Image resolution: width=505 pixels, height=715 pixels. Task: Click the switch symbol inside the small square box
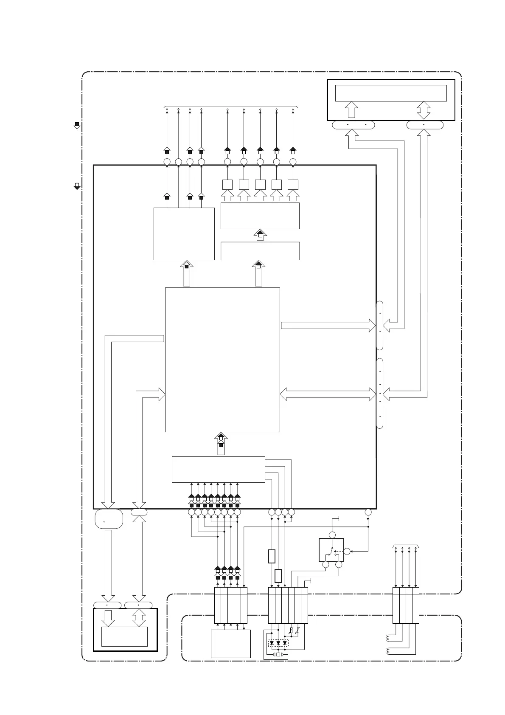tap(331, 551)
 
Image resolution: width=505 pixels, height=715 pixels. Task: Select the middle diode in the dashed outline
tap(278, 643)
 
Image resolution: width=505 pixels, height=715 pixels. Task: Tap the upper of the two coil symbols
tap(389, 638)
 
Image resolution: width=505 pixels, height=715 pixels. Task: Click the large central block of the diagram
tap(222, 360)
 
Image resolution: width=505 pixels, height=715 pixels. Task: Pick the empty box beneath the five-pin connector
tap(230, 644)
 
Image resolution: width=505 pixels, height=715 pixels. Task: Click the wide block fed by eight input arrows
tap(218, 470)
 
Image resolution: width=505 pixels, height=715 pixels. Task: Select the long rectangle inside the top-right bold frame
tap(390, 93)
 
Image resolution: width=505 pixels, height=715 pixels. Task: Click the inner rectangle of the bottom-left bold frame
tap(124, 636)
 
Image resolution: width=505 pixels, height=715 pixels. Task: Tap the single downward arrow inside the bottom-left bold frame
tap(108, 618)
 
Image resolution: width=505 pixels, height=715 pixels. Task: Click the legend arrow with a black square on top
tap(77, 125)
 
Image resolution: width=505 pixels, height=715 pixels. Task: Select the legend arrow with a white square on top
tap(77, 186)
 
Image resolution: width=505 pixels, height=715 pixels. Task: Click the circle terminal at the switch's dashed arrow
tap(347, 551)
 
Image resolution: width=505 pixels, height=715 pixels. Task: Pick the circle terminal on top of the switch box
tap(332, 534)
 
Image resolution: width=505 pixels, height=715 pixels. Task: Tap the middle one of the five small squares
tap(260, 185)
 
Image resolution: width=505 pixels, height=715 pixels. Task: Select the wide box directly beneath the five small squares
tap(260, 216)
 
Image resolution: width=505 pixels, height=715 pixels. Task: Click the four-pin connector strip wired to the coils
tap(405, 605)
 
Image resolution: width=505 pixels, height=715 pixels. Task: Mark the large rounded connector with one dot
tap(109, 519)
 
